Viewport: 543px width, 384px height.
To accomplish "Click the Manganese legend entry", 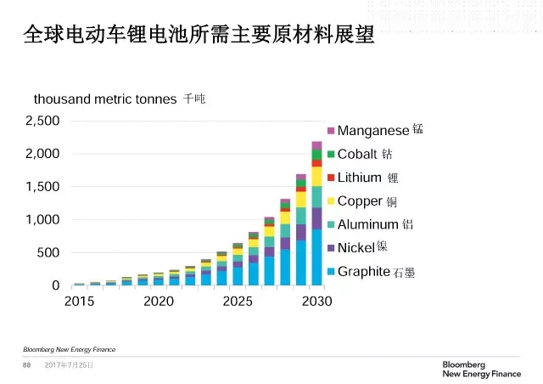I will pyautogui.click(x=373, y=131).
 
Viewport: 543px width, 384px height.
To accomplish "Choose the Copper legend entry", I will pyautogui.click(x=367, y=201).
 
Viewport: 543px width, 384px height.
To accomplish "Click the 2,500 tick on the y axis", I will pyautogui.click(x=42, y=121).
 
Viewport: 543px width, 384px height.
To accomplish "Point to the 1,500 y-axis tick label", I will pyautogui.click(x=42, y=187).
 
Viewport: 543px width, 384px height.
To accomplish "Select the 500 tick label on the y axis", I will pyautogui.click(x=48, y=253).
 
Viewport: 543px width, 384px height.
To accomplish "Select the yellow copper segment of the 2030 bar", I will pyautogui.click(x=316, y=176).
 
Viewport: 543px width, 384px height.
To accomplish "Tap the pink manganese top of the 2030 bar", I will pyautogui.click(x=316, y=145).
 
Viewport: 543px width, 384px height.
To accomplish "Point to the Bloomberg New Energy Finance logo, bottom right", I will pyautogui.click(x=481, y=369).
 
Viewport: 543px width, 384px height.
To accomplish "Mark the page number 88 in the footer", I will pyautogui.click(x=26, y=365).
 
